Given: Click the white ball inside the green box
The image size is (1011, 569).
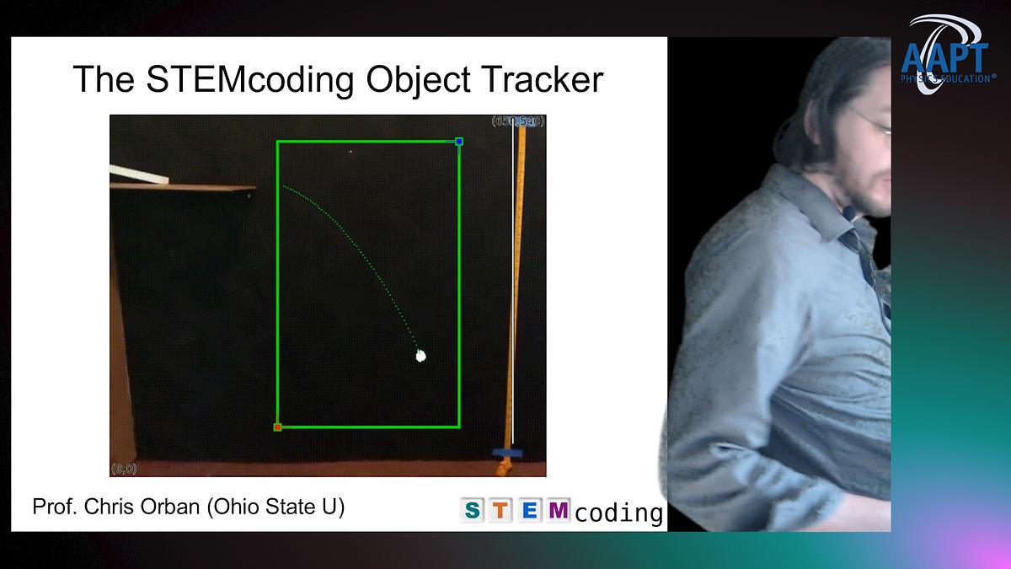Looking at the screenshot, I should click(421, 356).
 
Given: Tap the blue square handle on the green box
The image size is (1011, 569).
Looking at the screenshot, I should click(459, 142).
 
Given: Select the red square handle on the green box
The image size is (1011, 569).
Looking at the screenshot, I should click(277, 427).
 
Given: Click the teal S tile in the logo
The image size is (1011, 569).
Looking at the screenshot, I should click(473, 510).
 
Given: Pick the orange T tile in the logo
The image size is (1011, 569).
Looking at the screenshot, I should click(500, 510).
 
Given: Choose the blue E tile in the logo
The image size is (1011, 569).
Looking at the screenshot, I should click(529, 510).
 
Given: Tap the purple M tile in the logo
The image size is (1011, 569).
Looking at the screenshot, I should click(557, 510).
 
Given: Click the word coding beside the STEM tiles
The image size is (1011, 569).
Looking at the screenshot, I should click(619, 512).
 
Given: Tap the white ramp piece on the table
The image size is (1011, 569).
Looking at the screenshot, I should click(138, 175).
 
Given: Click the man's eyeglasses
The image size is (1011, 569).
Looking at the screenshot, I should click(876, 122).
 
